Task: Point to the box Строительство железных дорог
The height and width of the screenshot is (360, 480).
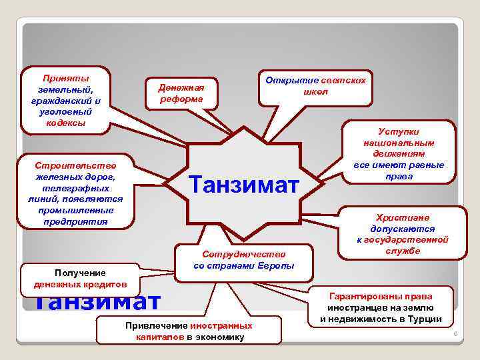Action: pyautogui.click(x=77, y=193)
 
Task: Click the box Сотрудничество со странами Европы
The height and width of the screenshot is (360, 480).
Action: pyautogui.click(x=244, y=260)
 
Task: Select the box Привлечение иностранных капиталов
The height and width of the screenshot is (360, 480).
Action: pyautogui.click(x=189, y=331)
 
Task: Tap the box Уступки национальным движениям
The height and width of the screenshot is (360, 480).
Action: pyautogui.click(x=399, y=154)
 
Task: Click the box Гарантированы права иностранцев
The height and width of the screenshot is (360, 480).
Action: pyautogui.click(x=380, y=307)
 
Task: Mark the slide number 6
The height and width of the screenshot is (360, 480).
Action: pyautogui.click(x=453, y=333)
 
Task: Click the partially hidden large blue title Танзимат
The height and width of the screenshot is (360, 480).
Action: pyautogui.click(x=97, y=301)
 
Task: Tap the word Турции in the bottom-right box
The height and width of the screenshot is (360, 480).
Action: pyautogui.click(x=423, y=319)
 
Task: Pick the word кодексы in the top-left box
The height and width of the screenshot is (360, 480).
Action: pyautogui.click(x=65, y=123)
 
